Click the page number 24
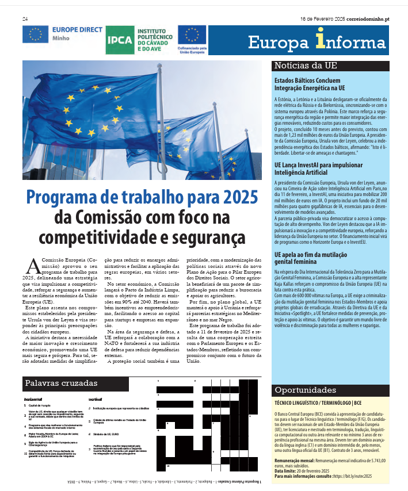(x=25, y=19)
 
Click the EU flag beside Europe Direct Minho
(x=35, y=34)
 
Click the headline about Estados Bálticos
(x=308, y=85)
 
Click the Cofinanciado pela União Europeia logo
(x=192, y=40)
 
